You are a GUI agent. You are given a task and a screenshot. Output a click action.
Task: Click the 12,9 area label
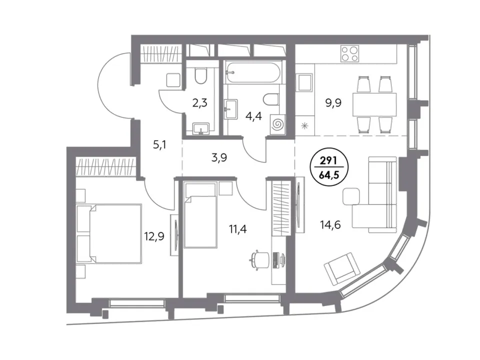(x=154, y=236)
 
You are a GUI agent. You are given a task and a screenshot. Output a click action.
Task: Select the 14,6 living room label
(x=330, y=225)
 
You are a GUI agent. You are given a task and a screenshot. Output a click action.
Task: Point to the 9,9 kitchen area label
(x=333, y=103)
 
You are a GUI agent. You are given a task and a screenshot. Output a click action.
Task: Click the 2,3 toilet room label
(x=200, y=103)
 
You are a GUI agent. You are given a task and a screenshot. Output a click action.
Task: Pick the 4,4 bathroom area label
(x=254, y=115)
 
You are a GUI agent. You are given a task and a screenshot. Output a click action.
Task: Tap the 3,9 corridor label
(x=219, y=158)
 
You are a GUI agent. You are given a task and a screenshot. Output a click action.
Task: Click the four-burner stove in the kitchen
(x=349, y=53)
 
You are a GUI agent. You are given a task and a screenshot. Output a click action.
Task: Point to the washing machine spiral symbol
(x=278, y=124)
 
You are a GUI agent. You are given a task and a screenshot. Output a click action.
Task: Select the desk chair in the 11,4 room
(x=258, y=259)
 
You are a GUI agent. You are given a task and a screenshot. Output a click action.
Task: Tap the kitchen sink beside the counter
(x=305, y=82)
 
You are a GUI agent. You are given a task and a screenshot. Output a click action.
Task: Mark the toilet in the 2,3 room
(x=201, y=75)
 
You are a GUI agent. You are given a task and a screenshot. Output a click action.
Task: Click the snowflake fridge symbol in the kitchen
(x=304, y=125)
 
